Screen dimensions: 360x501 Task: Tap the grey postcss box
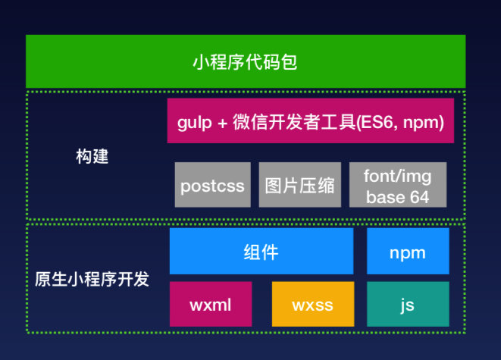pos(212,185)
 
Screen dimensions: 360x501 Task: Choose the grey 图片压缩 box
pos(299,185)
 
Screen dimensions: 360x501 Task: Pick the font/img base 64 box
pos(397,185)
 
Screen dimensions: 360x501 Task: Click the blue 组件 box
pos(261,252)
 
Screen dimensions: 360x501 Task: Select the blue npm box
pos(407,252)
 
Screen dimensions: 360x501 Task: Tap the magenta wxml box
pos(210,305)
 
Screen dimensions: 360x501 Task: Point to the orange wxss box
pos(312,305)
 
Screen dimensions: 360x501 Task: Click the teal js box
pos(407,305)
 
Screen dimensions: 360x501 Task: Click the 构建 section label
pos(92,158)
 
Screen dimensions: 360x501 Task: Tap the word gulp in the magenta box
pos(193,122)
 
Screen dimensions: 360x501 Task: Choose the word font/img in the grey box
pos(397,177)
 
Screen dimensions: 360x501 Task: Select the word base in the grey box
pos(384,196)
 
